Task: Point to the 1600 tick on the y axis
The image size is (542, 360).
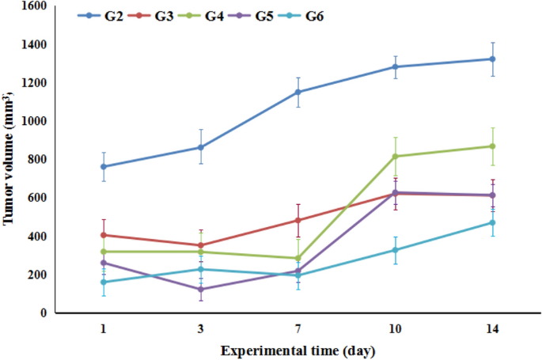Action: point(32,6)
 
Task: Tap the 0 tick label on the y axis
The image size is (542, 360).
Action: point(44,313)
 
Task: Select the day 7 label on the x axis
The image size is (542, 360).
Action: point(298,328)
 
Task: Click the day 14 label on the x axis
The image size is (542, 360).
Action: point(492,328)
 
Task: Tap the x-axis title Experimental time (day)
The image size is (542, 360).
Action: point(298,349)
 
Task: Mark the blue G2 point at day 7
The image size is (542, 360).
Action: point(298,92)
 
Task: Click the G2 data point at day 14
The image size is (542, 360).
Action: point(492,59)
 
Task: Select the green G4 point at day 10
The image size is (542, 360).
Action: point(395,156)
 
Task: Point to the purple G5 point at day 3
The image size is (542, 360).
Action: point(201,289)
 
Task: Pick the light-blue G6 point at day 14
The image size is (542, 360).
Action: point(492,222)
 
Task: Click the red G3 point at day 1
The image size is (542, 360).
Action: point(104,235)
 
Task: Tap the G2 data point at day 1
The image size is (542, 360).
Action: point(104,166)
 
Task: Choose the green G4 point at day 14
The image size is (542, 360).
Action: point(492,146)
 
